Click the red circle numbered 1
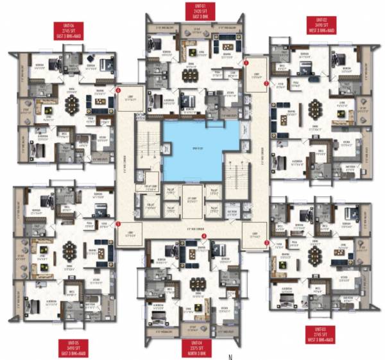tap(246, 63)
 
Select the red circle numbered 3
tap(266, 242)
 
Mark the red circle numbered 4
tap(203, 236)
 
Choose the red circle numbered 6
tap(117, 90)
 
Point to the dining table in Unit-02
tap(314, 108)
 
